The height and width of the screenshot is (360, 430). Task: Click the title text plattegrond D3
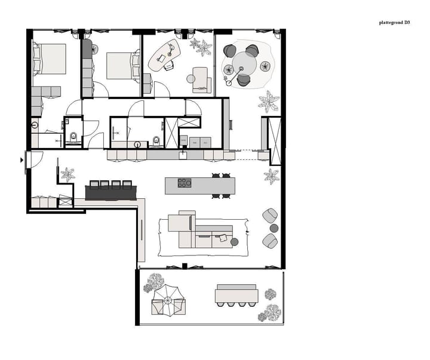(x=394, y=23)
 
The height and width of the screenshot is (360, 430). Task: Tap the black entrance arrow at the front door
(x=22, y=159)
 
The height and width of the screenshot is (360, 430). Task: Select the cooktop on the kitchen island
(x=185, y=183)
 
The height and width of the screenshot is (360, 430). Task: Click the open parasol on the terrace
(x=168, y=299)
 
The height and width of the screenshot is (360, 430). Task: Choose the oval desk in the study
(x=164, y=55)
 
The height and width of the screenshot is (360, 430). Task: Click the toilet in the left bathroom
(x=72, y=137)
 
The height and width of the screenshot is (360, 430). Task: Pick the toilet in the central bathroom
(x=156, y=141)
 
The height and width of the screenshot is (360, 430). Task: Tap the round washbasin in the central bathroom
(x=138, y=144)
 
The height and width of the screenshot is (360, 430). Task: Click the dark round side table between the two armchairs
(x=274, y=227)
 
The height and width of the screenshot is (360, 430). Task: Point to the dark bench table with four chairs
(x=112, y=192)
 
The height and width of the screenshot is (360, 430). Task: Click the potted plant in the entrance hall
(x=67, y=175)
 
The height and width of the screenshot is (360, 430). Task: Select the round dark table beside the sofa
(x=234, y=242)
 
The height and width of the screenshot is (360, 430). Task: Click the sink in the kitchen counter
(x=183, y=155)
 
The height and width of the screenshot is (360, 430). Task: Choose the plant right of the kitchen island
(x=272, y=176)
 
